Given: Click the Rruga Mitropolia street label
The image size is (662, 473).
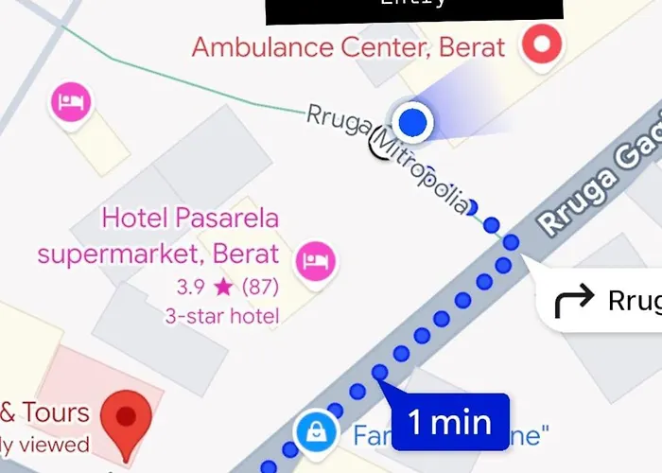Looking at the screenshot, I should coord(388,156).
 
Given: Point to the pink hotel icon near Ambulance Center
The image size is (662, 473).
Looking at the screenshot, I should coord(70,101).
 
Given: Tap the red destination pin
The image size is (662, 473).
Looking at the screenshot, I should coord(126,422).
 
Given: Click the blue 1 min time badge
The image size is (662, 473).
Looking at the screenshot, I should coord(450,421).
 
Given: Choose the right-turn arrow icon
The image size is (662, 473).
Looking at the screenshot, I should coord(571,302).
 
